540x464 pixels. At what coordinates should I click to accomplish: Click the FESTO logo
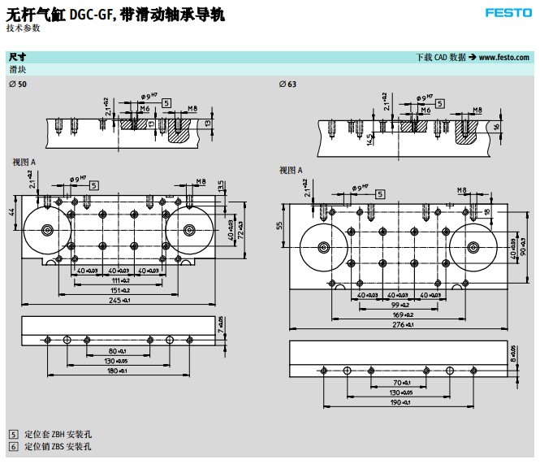coord(508,13)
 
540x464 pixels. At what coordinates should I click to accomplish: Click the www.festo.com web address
coord(503,58)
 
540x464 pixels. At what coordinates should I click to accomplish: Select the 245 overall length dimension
coord(119,301)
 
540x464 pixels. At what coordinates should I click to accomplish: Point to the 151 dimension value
coord(119,290)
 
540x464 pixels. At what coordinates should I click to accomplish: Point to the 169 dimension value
coord(403,314)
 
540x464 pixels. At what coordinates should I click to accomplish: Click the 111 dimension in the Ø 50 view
coord(120,280)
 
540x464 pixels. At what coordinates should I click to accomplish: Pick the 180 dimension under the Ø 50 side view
coord(119,371)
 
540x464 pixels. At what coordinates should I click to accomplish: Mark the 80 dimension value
coord(119,350)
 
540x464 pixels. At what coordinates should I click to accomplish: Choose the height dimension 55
coord(281,226)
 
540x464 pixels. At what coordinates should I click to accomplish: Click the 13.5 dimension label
coord(222,186)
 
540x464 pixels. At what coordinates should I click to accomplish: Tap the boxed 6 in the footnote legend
coord(13,446)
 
